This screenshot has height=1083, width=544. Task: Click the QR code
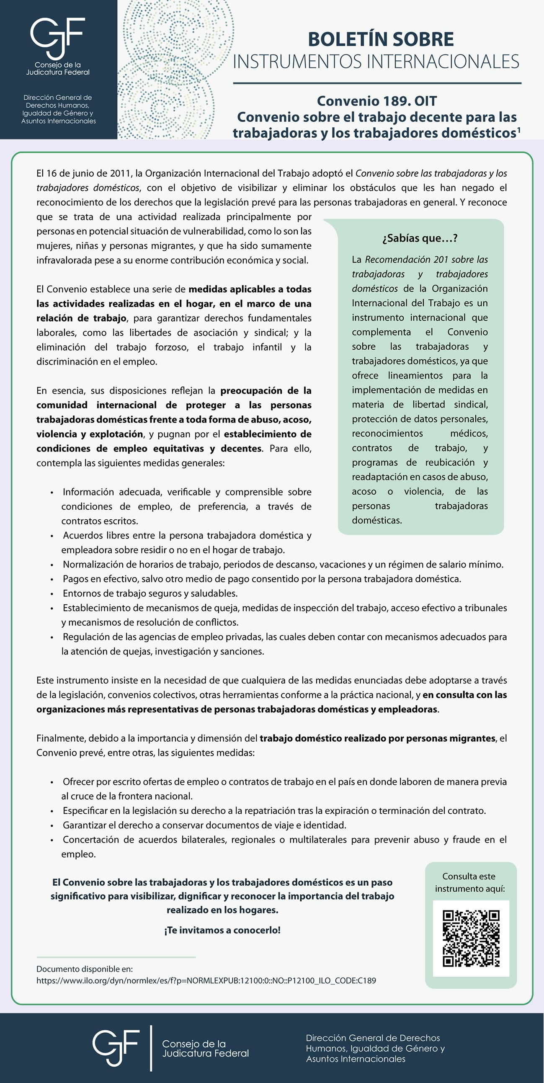pyautogui.click(x=471, y=939)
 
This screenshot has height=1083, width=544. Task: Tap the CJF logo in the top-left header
pyautogui.click(x=58, y=38)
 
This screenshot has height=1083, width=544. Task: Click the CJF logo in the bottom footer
pyautogui.click(x=116, y=1048)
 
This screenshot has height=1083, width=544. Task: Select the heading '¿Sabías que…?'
pyautogui.click(x=420, y=238)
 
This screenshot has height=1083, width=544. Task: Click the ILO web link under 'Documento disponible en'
pyautogui.click(x=206, y=980)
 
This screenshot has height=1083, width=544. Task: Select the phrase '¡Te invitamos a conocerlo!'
pyautogui.click(x=222, y=930)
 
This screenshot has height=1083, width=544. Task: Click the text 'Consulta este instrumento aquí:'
pyautogui.click(x=469, y=882)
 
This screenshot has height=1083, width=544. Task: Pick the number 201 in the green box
pyautogui.click(x=441, y=259)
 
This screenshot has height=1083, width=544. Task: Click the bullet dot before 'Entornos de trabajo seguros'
pyautogui.click(x=52, y=594)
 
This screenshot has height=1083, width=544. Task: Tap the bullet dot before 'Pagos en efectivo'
pyautogui.click(x=52, y=579)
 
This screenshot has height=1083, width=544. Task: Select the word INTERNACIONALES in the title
pyautogui.click(x=443, y=62)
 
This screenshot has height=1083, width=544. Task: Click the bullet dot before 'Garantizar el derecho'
pyautogui.click(x=52, y=826)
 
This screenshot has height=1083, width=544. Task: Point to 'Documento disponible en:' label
pyautogui.click(x=85, y=969)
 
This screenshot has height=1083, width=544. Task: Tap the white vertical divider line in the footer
pyautogui.click(x=151, y=1048)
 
